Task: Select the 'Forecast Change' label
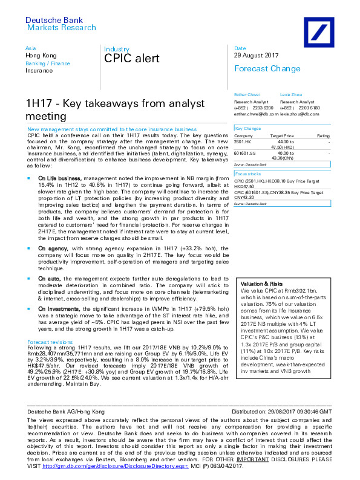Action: pos(263,68)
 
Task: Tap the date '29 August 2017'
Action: pos(256,55)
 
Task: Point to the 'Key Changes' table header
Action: pos(247,129)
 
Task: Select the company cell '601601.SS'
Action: pos(244,154)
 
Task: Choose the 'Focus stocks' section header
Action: pos(247,174)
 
